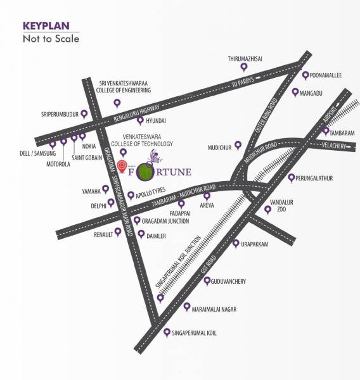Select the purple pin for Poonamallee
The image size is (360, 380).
pos(305,75)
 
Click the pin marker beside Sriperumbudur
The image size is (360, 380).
pos(84,115)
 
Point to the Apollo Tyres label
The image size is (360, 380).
pos(151,195)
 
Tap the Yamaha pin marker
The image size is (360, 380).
pos(105,189)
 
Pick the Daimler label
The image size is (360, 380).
pos(156,236)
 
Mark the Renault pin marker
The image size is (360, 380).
pos(117,232)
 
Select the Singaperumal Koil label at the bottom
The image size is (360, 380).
pos(195,332)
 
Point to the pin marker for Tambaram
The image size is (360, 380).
pos(325,131)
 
